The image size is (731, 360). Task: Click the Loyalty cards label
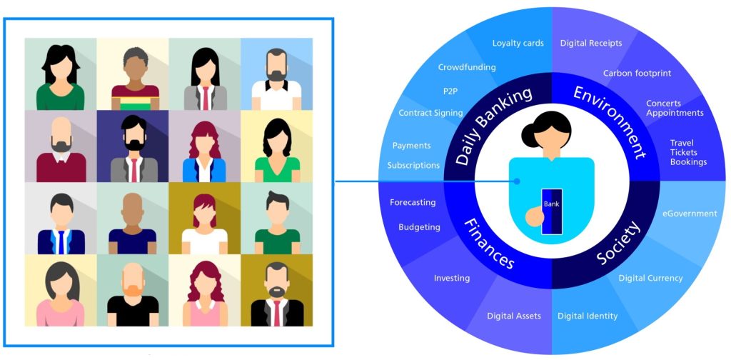[x=518, y=43]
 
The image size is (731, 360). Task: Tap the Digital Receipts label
[x=590, y=43]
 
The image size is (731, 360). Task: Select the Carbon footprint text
[x=637, y=73]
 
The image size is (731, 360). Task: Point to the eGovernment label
[x=689, y=214]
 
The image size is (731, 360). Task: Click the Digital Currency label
[x=650, y=278]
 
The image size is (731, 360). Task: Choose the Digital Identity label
[x=588, y=316]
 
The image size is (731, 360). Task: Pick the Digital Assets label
[x=514, y=316]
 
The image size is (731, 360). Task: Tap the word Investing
[x=452, y=278]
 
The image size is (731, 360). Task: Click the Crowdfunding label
[x=467, y=67]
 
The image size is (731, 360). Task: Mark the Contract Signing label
[x=430, y=113]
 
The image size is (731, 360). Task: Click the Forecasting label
[x=413, y=202]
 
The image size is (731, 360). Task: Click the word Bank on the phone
[x=552, y=204]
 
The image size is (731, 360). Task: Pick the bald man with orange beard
[x=132, y=291]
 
